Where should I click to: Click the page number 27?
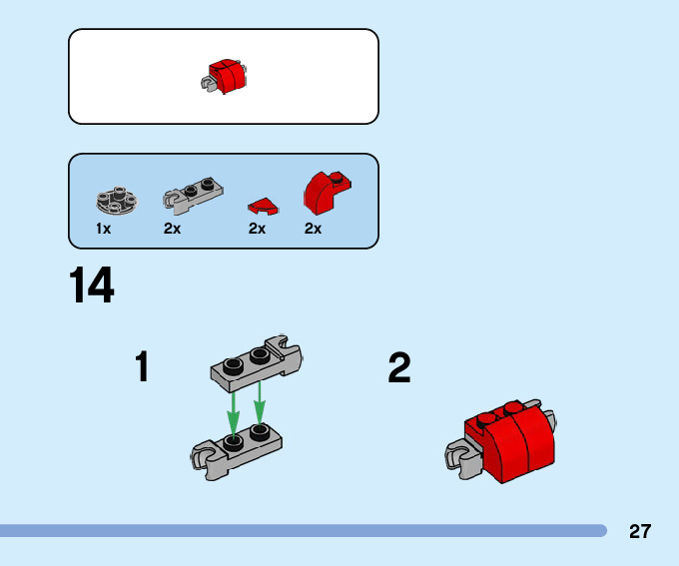point(640,531)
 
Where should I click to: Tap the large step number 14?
point(92,286)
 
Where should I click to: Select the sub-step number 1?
point(143,367)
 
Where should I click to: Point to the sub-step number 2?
point(399,368)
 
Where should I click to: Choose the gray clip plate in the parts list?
point(193,196)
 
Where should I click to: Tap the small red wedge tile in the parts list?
point(264,207)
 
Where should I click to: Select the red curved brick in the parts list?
point(326,192)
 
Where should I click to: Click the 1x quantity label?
point(103,229)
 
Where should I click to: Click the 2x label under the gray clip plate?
point(173,229)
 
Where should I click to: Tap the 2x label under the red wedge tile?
point(257,229)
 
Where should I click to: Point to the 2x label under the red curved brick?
point(314,229)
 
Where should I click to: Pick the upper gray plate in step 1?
point(256,362)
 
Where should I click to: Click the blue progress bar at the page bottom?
point(300,531)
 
